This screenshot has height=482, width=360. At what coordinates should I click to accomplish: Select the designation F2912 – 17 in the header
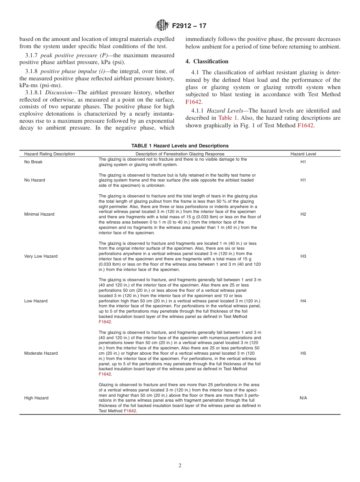click(189, 26)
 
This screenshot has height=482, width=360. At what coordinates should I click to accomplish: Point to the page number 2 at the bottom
click(180, 466)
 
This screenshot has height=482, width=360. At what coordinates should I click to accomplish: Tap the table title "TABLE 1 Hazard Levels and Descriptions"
click(180, 146)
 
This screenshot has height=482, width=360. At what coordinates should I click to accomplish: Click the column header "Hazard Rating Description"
click(50, 154)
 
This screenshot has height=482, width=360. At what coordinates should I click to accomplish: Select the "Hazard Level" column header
click(303, 154)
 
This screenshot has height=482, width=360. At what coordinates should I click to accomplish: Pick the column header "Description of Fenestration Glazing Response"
click(180, 154)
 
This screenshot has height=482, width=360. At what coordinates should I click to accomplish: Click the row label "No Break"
click(33, 162)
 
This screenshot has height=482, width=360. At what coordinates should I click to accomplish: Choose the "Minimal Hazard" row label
click(39, 214)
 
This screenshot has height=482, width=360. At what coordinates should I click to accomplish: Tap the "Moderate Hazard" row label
click(41, 353)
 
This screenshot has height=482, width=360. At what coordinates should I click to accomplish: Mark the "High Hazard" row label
click(36, 398)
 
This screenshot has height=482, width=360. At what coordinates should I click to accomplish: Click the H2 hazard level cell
click(303, 214)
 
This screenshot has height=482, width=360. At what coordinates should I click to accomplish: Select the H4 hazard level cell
click(303, 301)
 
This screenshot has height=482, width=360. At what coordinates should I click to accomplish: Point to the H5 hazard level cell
click(303, 353)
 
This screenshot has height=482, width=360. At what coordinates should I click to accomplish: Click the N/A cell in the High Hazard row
click(303, 398)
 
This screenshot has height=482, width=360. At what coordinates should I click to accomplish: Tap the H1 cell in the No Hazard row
click(303, 180)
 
